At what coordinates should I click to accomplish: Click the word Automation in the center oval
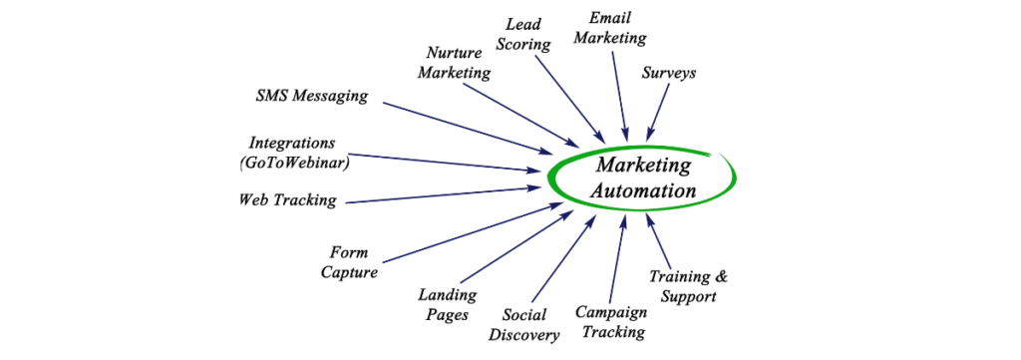point(643,189)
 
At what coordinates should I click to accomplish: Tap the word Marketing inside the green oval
point(643,165)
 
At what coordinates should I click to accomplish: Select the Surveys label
point(668,74)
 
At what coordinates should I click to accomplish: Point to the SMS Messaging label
point(311,97)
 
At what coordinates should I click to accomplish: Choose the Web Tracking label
point(287,199)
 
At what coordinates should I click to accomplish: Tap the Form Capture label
point(349,262)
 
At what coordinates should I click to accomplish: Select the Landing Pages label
point(446,304)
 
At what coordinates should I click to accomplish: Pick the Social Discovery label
point(523,325)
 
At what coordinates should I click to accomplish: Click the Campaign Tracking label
point(611,320)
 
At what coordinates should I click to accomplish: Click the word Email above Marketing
point(610,18)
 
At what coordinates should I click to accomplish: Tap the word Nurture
point(455,53)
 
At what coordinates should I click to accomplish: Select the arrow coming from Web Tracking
point(439,194)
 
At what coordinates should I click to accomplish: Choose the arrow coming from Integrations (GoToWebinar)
point(449,163)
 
